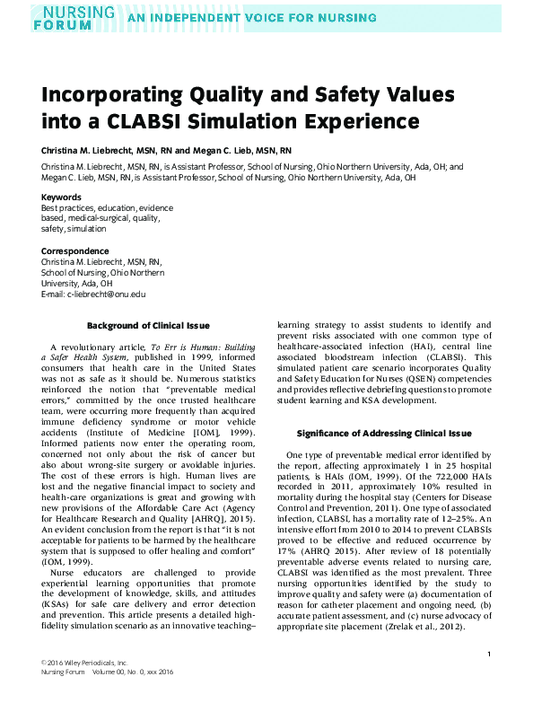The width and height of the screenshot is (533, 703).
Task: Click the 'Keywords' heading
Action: tap(61, 198)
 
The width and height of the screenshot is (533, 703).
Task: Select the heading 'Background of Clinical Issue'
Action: tap(149, 325)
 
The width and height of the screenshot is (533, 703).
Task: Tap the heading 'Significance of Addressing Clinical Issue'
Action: tap(383, 434)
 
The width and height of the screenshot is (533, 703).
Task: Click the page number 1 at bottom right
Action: tap(488, 655)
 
